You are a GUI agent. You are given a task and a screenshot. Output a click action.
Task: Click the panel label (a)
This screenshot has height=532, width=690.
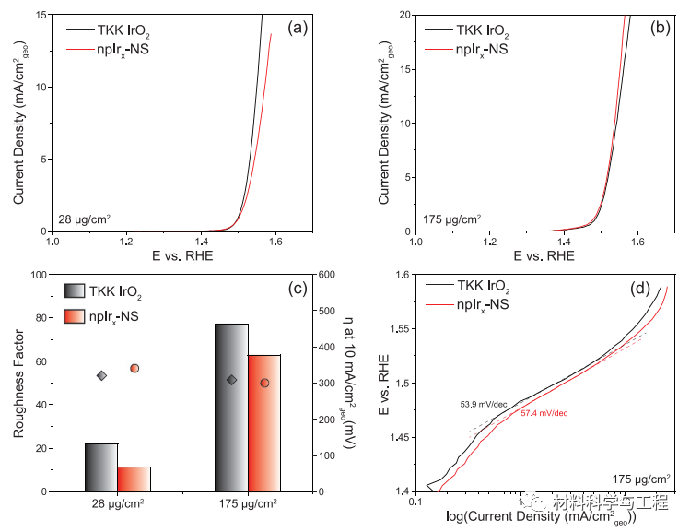pyautogui.click(x=297, y=28)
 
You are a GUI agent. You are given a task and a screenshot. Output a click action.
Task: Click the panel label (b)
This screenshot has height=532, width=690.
pyautogui.click(x=661, y=28)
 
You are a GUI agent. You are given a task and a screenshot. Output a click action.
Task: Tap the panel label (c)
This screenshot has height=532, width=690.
pyautogui.click(x=296, y=289)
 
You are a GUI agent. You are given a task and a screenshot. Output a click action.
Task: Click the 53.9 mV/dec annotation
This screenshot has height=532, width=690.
pyautogui.click(x=484, y=404)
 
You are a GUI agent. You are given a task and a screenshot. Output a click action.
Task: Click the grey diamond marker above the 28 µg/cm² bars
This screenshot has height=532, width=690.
pyautogui.click(x=102, y=375)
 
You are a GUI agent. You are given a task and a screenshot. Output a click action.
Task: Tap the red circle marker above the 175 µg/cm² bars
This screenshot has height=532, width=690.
pyautogui.click(x=264, y=383)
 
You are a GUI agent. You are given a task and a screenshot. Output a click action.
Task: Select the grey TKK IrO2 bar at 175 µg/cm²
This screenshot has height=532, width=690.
pyautogui.click(x=231, y=408)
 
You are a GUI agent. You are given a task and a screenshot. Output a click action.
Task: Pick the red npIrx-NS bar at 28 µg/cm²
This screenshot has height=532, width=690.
pyautogui.click(x=134, y=479)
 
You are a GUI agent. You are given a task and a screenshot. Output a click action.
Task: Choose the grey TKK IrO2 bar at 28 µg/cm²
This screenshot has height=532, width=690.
pyautogui.click(x=101, y=467)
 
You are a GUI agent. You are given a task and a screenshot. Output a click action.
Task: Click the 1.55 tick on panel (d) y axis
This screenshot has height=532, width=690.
pyautogui.click(x=396, y=329)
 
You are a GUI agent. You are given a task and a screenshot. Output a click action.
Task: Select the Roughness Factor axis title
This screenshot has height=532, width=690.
pyautogui.click(x=18, y=383)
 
